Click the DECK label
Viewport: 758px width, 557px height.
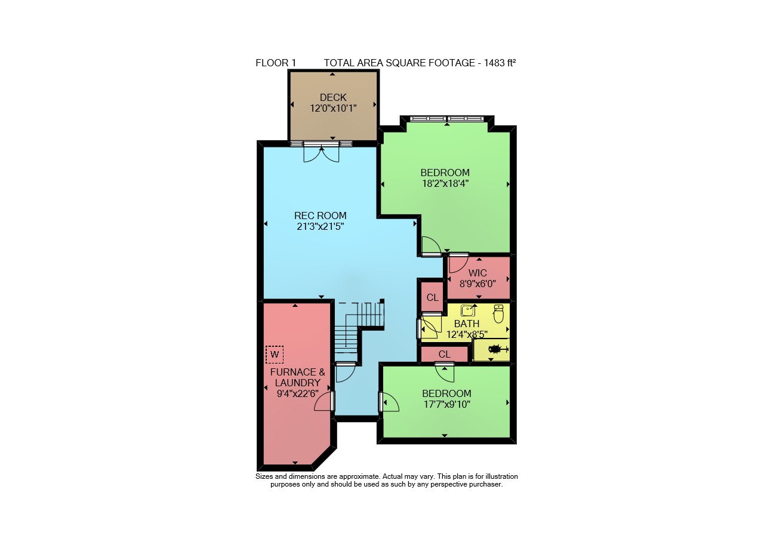point(333,97)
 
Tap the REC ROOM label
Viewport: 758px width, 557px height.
point(320,216)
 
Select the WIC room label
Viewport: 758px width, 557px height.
point(477,273)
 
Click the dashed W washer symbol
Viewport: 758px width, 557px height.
point(275,355)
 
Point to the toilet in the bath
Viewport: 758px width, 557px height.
point(498,313)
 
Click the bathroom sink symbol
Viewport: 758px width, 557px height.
point(468,310)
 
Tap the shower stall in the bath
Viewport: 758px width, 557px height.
point(491,350)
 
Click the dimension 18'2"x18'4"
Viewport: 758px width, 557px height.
point(445,184)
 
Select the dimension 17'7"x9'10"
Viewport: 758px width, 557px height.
point(446,404)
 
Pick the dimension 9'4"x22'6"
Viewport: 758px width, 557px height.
point(297,393)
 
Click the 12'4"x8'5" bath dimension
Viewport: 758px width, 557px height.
point(467,334)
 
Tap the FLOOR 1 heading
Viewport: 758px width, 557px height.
point(276,63)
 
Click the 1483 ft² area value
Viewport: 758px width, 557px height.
point(500,63)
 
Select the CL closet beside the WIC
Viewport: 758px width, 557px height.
point(432,298)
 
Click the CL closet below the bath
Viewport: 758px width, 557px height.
point(444,354)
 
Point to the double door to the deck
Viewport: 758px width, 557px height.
point(321,152)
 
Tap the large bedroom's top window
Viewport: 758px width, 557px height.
point(446,118)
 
